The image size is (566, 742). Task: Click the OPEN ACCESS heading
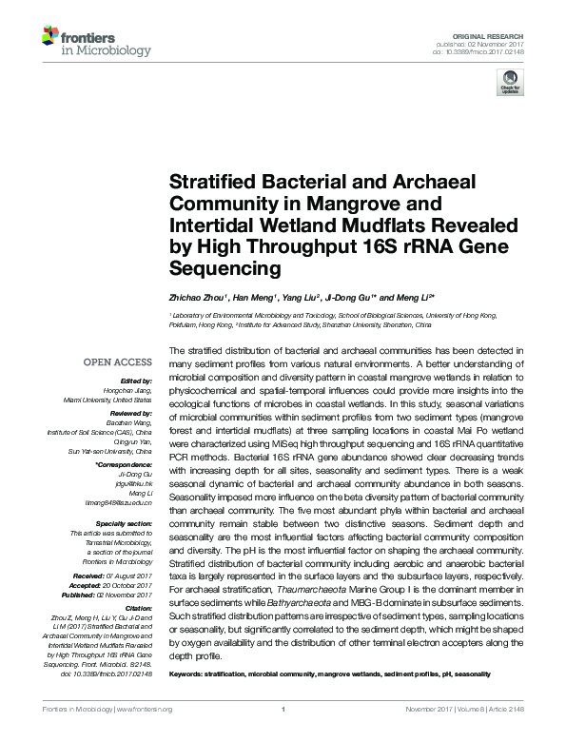[118, 362]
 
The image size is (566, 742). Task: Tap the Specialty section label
[125, 524]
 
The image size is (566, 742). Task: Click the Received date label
[115, 576]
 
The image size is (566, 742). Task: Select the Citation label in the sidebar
[137, 608]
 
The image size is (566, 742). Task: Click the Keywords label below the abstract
[189, 674]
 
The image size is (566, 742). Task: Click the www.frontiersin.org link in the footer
[143, 735]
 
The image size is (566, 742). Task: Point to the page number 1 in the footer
[283, 735]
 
